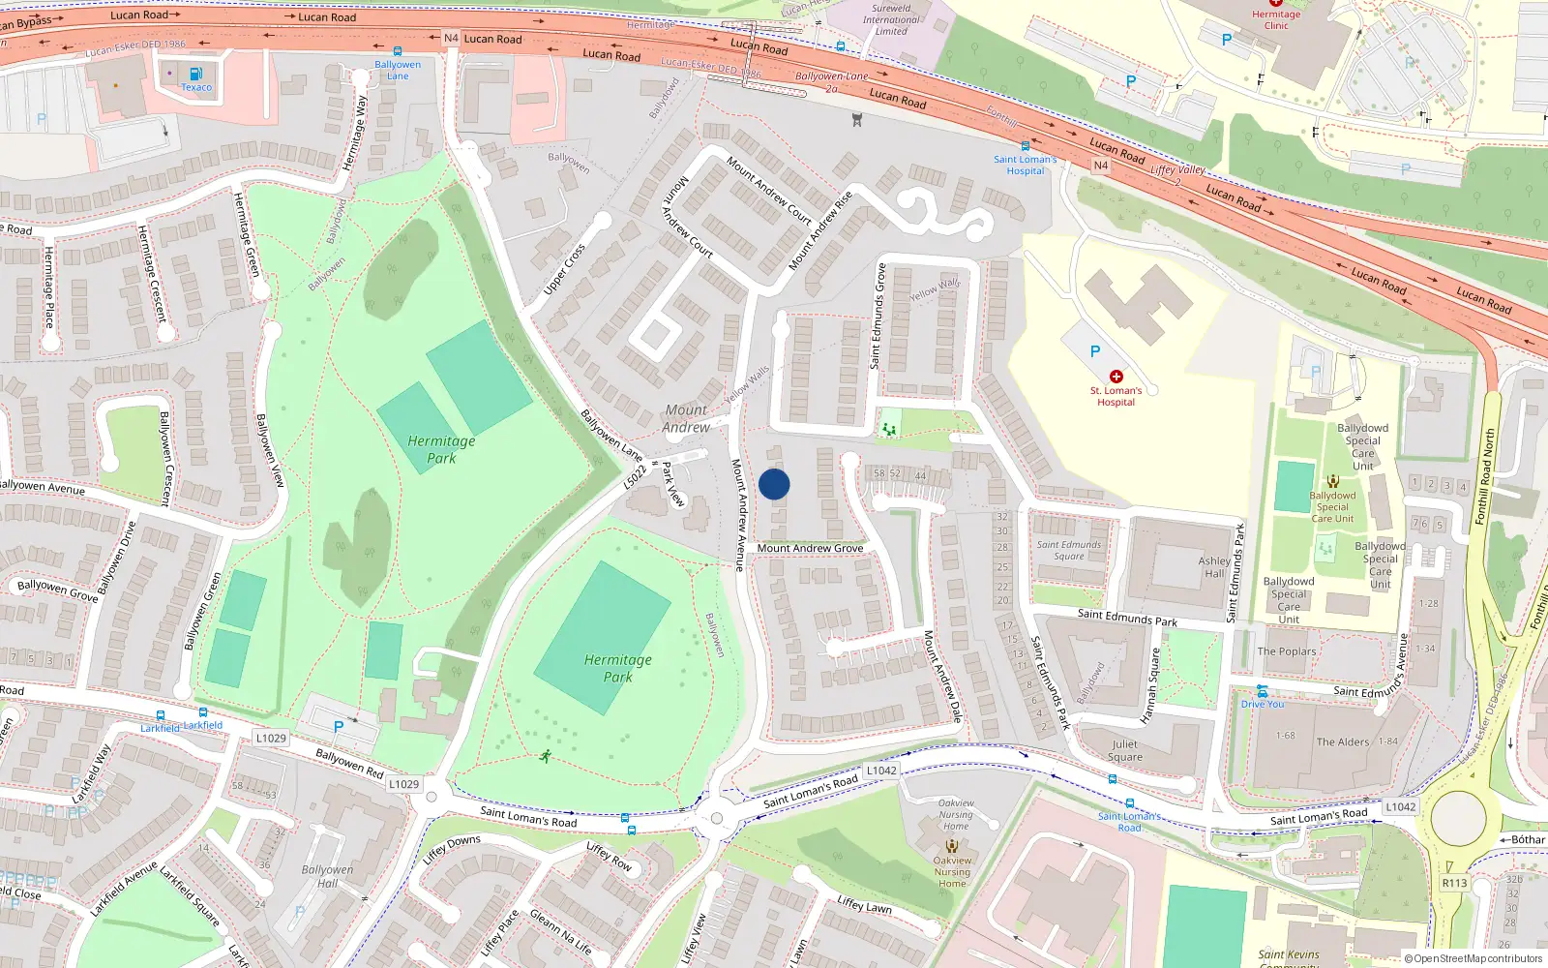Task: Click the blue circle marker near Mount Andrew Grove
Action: (774, 484)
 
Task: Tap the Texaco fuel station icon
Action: (195, 74)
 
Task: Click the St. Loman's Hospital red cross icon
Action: (1116, 377)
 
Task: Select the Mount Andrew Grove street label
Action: (810, 548)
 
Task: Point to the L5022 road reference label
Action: (635, 476)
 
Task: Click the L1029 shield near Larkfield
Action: (271, 738)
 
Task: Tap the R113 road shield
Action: (1454, 883)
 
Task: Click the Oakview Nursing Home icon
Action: (952, 846)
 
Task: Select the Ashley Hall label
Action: (1214, 566)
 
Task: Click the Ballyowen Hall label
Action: (327, 876)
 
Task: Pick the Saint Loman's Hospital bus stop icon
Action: (1026, 147)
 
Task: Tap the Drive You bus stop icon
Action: (1262, 691)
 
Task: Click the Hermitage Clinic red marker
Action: (1276, 3)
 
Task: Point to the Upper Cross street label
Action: (564, 269)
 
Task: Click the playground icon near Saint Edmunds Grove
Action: (889, 428)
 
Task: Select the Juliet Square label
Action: (1125, 750)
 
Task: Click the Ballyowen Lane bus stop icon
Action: (397, 52)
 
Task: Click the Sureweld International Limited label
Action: (891, 19)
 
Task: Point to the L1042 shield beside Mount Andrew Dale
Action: (881, 771)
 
